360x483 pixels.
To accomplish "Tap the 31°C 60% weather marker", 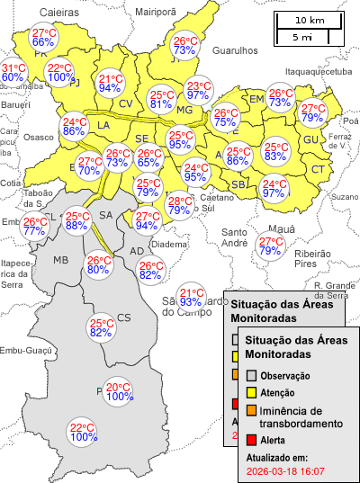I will pos(13,73).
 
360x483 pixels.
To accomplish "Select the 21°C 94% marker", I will pos(110,84).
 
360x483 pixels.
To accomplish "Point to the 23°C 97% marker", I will pos(198,91).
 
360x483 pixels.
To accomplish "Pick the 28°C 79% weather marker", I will pos(178,206).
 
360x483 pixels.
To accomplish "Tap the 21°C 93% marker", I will pos(191,298).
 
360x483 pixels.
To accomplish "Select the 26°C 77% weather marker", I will pos(34,227).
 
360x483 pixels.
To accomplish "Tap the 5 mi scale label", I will pos(302,37).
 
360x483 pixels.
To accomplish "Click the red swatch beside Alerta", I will pos(253,440).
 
